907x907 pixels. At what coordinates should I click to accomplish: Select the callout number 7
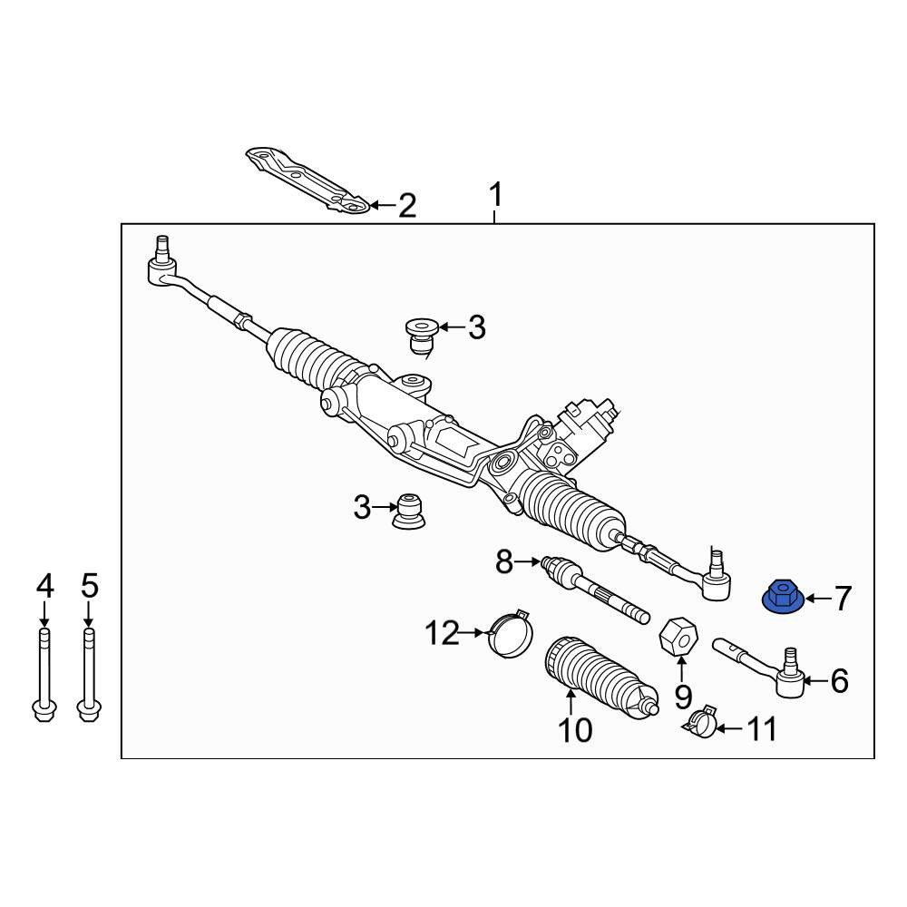[843, 598]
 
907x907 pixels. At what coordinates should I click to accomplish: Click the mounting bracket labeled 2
[307, 180]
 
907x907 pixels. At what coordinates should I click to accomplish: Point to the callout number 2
[407, 205]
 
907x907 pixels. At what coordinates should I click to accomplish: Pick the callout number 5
[90, 587]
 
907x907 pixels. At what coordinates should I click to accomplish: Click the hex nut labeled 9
[678, 636]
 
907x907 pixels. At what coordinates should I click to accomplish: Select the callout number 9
[683, 697]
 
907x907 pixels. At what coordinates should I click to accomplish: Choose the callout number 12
[442, 633]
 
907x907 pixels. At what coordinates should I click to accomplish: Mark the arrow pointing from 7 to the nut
[817, 599]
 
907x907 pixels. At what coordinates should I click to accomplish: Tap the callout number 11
[762, 729]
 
